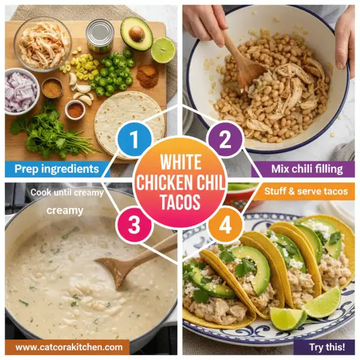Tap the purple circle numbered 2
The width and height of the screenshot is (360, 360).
(x=225, y=142)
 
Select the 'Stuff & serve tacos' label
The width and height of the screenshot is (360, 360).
(x=309, y=192)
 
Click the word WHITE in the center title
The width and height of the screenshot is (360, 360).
(x=179, y=163)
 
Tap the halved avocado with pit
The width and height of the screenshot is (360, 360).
(x=137, y=34)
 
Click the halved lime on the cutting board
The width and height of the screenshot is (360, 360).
(x=163, y=50)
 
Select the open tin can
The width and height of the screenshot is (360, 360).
(x=100, y=36)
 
